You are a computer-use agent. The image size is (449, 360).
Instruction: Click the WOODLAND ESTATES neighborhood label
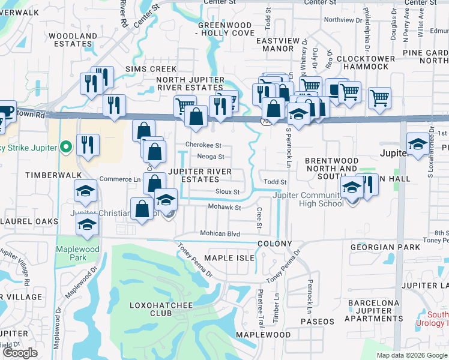pos(73,40)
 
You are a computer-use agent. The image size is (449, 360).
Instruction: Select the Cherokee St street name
pos(203,145)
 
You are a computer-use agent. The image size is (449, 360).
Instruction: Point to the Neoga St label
pos(210,157)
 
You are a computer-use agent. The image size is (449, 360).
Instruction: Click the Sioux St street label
pos(228,192)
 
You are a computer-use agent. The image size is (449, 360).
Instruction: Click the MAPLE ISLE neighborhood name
pos(229,258)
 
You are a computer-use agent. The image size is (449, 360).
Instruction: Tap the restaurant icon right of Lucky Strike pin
pos(88,145)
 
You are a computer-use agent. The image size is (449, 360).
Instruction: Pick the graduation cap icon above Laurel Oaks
pos(88,224)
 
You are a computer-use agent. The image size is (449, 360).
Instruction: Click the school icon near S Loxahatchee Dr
pos(418,143)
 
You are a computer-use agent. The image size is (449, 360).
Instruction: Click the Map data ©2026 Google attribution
pos(411,355)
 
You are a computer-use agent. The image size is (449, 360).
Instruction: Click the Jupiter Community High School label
pos(308,199)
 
